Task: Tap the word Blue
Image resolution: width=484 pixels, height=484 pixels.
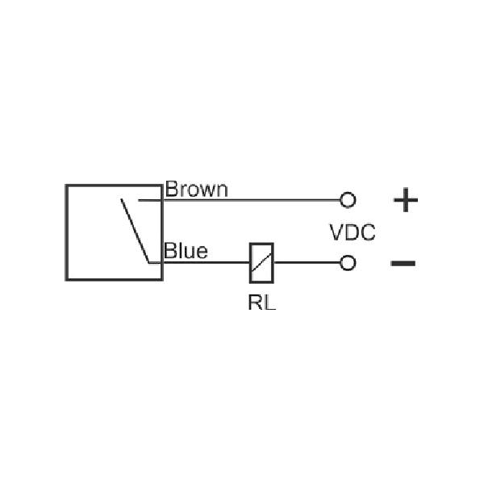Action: pos(186,251)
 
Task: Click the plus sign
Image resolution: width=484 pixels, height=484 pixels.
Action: pos(406,199)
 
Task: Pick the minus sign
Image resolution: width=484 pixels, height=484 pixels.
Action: pos(403,263)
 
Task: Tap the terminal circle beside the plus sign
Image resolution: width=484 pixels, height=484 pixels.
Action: pos(348,199)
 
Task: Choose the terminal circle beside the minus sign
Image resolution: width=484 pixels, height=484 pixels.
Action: pos(348,263)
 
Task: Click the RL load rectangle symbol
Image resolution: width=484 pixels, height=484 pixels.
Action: pos(261,262)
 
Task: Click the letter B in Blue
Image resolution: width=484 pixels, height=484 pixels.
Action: pos(169,251)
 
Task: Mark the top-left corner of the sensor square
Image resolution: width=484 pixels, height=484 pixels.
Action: pos(68,185)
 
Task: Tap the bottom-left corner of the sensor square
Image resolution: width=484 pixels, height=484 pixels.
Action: pos(68,279)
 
